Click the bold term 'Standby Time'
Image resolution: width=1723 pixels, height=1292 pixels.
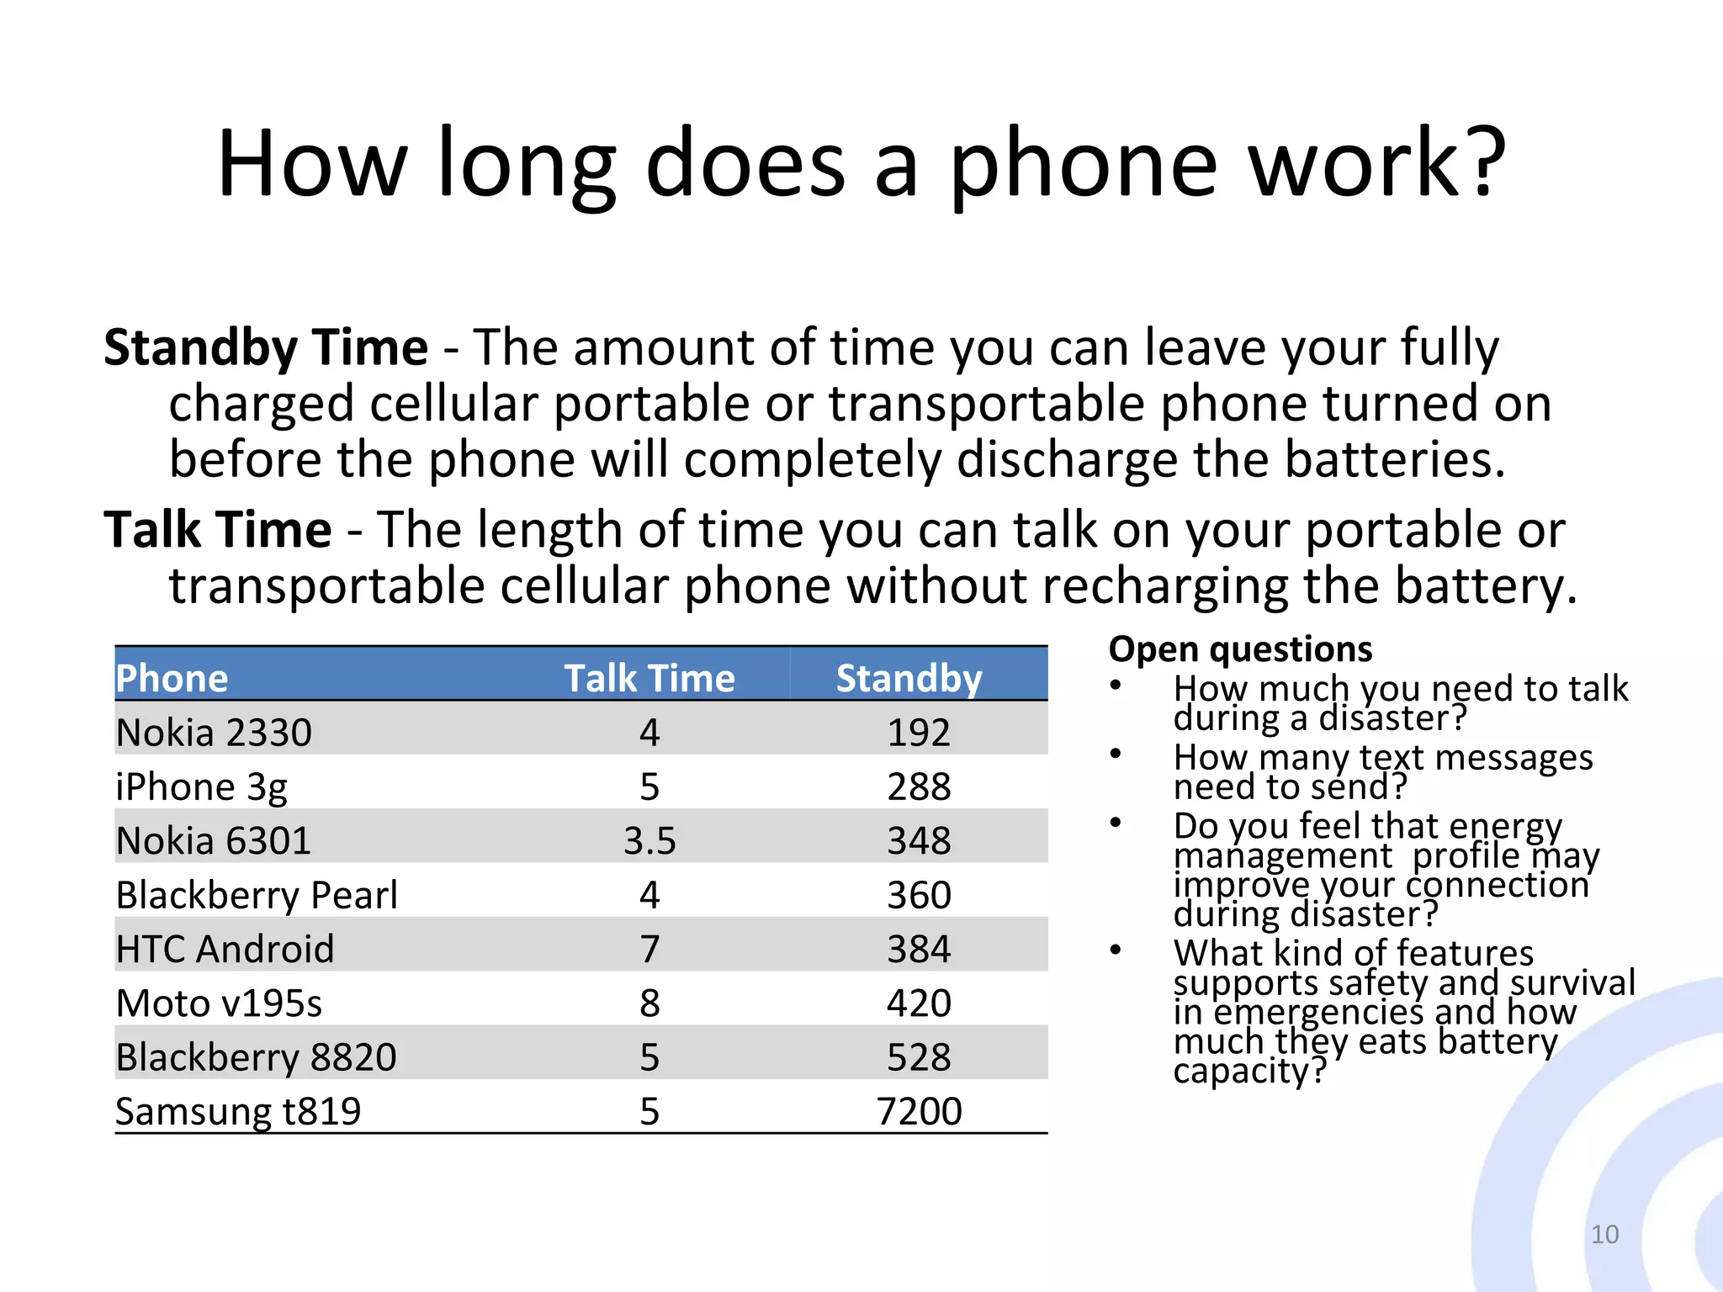[266, 347]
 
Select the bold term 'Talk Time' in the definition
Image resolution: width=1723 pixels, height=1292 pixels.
[218, 530]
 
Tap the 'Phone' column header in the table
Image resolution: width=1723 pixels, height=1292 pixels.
[172, 678]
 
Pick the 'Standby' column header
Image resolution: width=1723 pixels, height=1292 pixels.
[909, 678]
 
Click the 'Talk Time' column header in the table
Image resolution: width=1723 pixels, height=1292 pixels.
[649, 678]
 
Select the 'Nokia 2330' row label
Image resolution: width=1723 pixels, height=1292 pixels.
[214, 733]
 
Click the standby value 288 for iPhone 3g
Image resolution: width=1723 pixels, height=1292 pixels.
[919, 787]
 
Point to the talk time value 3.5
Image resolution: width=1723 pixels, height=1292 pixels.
[649, 841]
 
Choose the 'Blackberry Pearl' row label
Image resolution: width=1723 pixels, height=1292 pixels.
[257, 895]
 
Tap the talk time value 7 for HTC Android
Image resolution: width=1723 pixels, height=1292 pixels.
[649, 950]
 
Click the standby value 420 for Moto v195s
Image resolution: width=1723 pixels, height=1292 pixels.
[919, 1003]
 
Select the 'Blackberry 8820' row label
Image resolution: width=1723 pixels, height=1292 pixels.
[256, 1057]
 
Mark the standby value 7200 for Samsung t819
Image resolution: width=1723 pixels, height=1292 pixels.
[919, 1112]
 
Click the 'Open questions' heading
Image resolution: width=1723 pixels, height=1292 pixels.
[1240, 649]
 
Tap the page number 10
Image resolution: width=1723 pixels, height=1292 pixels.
[1604, 1234]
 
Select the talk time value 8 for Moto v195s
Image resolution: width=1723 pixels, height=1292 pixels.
[649, 1003]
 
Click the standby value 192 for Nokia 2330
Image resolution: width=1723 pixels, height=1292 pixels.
[919, 733]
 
